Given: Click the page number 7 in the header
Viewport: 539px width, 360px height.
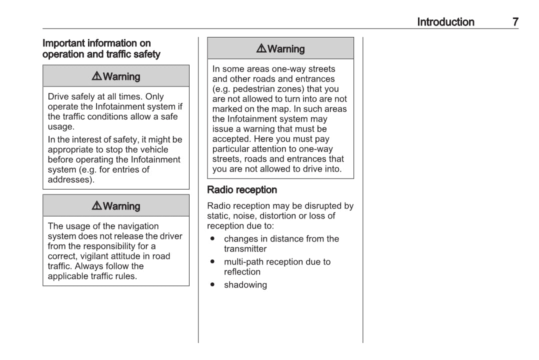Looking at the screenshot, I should coord(515,22).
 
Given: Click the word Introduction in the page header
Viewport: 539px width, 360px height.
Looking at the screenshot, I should coord(445,22).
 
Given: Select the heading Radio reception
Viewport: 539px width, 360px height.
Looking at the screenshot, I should coord(242,190).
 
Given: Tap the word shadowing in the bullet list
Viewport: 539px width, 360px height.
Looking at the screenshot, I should coord(245,285).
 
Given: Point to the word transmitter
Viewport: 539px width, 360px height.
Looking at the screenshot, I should coord(245,249).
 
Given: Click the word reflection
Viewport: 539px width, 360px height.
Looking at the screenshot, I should coord(242,272).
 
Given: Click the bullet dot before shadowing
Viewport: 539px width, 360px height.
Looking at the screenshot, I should coord(213,284).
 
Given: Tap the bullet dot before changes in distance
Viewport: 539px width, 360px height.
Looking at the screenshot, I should coord(213,238).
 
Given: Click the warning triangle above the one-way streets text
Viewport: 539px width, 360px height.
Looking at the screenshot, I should coord(261,48).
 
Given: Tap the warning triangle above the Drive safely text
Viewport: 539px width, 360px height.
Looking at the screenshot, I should coord(97,76).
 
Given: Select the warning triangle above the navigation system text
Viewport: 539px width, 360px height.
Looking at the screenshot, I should coord(97,206).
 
